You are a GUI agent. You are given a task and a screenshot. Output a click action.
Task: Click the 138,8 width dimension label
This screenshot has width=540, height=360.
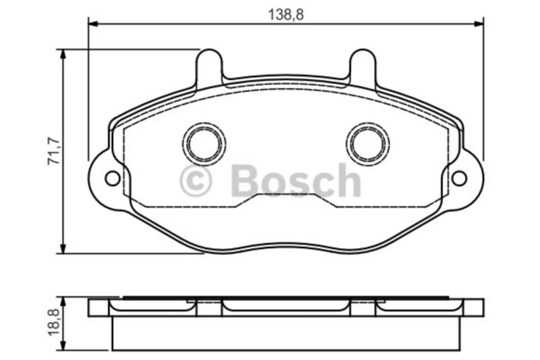(286, 15)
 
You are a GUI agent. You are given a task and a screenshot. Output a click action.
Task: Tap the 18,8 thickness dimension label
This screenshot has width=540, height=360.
(54, 322)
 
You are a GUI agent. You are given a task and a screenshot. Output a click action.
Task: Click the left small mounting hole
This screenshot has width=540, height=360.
(113, 178)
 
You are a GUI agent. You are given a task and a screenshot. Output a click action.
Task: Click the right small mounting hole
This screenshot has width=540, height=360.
(459, 178)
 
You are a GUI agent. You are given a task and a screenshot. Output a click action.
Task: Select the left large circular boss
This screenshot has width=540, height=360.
(204, 144)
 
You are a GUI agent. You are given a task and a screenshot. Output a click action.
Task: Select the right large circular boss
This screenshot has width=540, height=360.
(368, 144)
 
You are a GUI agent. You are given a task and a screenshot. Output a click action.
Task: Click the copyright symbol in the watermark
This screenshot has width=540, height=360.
(196, 180)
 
